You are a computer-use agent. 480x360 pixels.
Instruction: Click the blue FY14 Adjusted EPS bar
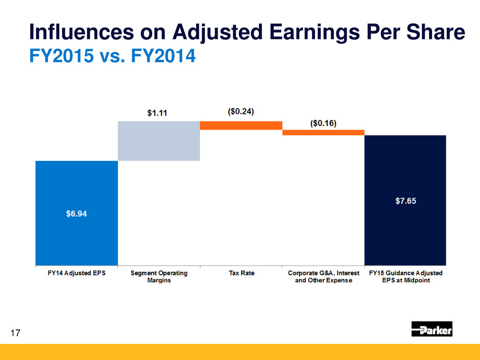click(x=77, y=235)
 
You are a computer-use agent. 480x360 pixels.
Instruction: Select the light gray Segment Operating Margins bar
click(x=159, y=141)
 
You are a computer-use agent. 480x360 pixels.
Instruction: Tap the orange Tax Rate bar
click(x=241, y=125)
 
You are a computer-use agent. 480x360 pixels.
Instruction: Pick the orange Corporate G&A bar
click(x=323, y=132)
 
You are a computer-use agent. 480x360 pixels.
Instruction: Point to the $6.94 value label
click(x=77, y=214)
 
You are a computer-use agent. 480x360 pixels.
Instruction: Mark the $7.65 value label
click(x=405, y=201)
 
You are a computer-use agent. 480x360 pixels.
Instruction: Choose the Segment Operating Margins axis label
click(x=159, y=277)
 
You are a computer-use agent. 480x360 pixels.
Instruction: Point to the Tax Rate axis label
click(x=241, y=274)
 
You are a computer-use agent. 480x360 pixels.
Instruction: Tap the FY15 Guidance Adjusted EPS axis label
click(x=405, y=277)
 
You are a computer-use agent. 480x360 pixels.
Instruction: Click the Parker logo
click(x=432, y=330)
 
